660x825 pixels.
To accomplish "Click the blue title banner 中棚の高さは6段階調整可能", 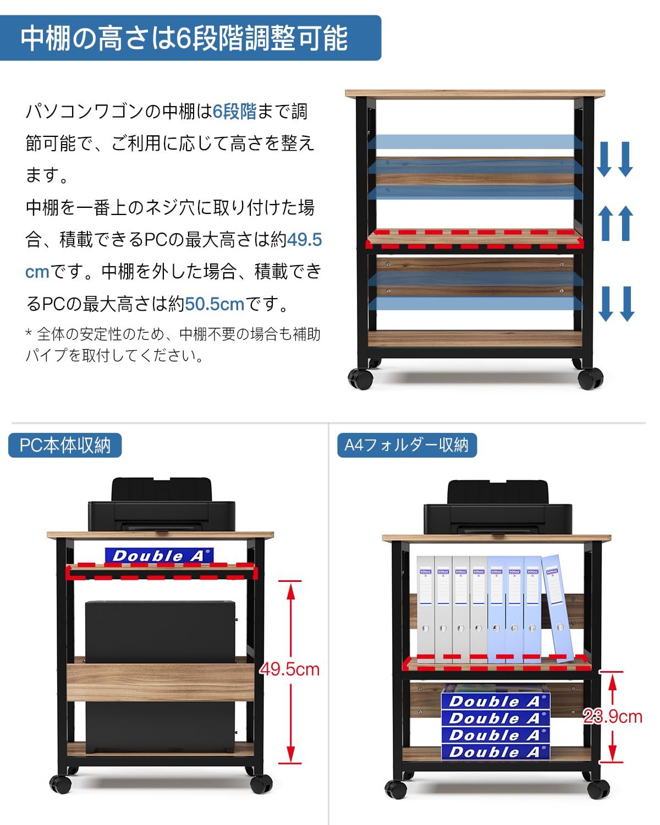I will coord(190,38).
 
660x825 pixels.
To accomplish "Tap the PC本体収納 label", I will coord(65,445).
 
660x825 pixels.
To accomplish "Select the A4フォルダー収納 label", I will coord(406,445).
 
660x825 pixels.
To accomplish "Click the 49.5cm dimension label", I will coord(289,669).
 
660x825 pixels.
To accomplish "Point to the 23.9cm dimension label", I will coord(613,716).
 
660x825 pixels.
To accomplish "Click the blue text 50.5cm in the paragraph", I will coord(215,304).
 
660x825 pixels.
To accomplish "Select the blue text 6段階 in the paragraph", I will coord(235,112).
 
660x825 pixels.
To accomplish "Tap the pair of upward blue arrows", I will coord(615,223).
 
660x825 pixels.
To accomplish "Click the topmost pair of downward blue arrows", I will coord(615,159).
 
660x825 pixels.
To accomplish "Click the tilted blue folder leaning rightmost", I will coord(557,605).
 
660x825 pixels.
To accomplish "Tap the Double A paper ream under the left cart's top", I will coord(158,555).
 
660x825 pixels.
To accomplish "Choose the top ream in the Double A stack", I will coord(495,701).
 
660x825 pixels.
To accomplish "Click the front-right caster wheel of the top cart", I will coord(591,378).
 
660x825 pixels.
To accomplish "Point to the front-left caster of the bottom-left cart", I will coord(61,783).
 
